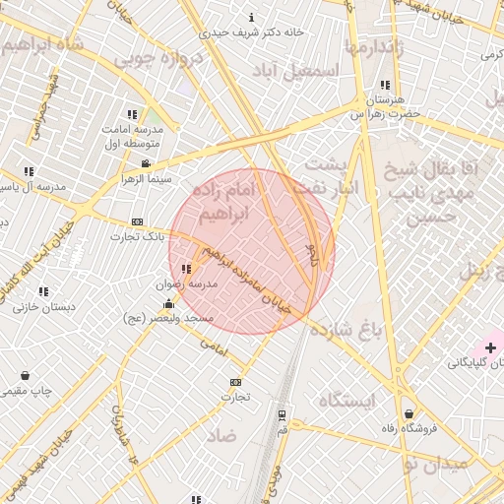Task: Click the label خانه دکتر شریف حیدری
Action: click(251, 31)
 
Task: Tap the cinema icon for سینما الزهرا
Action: click(146, 163)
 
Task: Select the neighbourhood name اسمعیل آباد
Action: click(295, 71)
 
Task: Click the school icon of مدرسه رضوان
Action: click(186, 268)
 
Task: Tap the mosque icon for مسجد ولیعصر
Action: click(168, 303)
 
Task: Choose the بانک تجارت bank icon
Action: click(137, 221)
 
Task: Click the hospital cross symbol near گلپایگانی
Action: click(490, 347)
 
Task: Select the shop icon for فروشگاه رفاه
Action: click(409, 413)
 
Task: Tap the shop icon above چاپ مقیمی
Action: click(25, 375)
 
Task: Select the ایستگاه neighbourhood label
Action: click(347, 400)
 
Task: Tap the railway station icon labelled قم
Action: click(283, 414)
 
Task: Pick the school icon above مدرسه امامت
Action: click(133, 114)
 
